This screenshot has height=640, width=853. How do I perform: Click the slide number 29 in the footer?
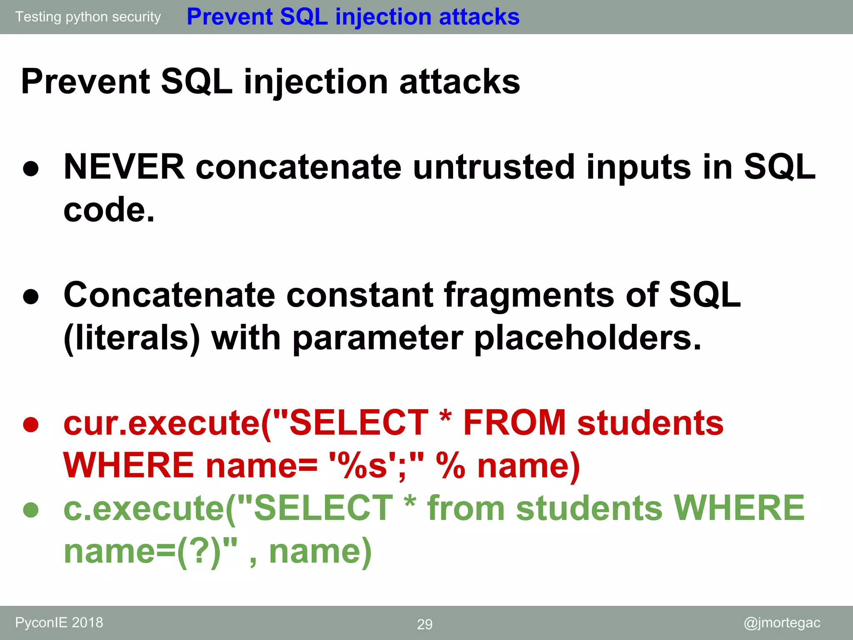coord(424,624)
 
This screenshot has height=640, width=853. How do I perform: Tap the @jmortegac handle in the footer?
coord(782,622)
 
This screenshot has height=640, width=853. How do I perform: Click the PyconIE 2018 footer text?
coord(59,622)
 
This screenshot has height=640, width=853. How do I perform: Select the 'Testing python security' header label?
coord(88,17)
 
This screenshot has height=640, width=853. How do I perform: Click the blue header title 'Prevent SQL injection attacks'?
coord(353,17)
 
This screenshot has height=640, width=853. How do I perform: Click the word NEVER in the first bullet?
coord(124,167)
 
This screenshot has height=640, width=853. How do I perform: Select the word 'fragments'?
coord(529,295)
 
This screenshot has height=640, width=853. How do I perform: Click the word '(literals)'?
coord(132,338)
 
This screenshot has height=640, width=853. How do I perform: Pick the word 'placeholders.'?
coord(588,338)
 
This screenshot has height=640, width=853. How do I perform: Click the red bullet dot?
coord(31,425)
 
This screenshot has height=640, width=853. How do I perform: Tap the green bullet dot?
coord(31,510)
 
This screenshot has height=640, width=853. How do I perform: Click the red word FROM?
coord(514,423)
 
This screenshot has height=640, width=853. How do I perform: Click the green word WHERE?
coord(739,508)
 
